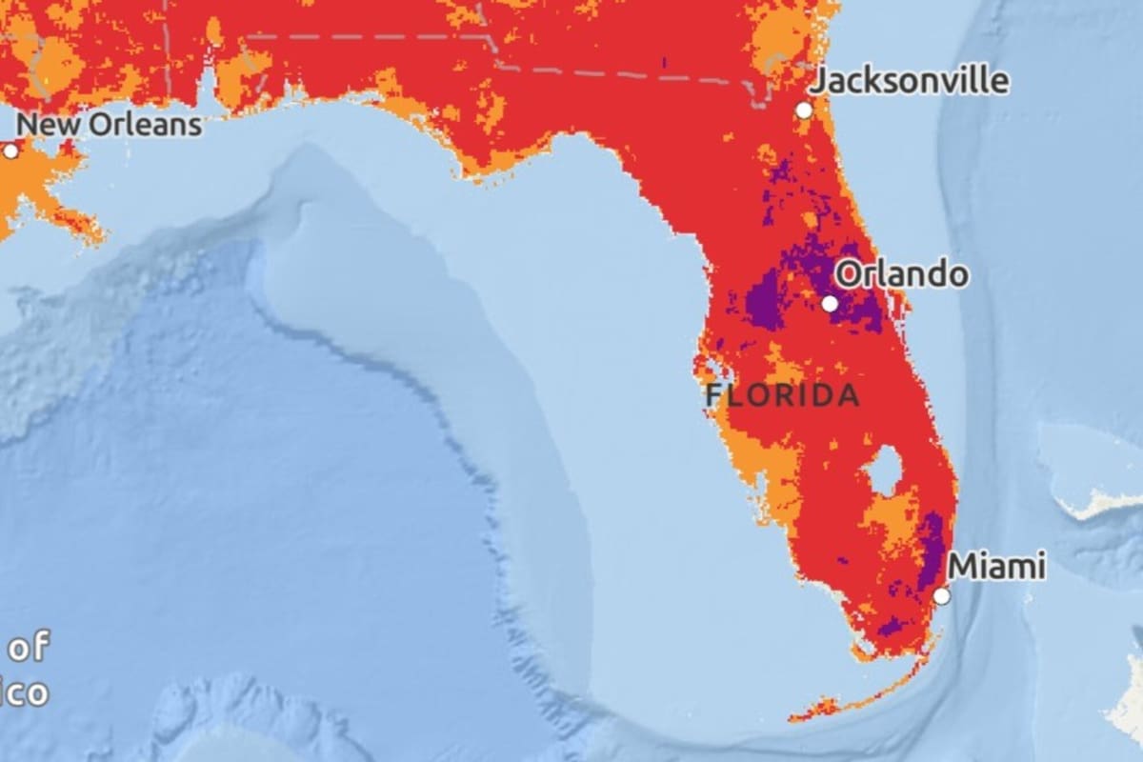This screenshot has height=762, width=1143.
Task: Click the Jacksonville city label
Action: point(909,80)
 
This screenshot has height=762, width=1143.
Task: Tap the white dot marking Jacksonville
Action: point(804,110)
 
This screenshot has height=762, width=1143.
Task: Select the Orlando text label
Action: point(901,275)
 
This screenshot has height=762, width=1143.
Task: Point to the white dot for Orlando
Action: point(830,304)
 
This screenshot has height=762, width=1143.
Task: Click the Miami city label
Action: point(997,567)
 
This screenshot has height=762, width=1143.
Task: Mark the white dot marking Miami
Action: point(941,596)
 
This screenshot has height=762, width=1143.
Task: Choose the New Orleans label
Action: point(110,125)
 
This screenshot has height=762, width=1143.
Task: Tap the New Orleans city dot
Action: point(10,151)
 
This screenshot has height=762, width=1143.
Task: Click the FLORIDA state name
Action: point(782,396)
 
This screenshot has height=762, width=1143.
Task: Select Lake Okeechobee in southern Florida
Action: point(885,471)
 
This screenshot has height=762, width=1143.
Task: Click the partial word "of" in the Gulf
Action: point(29,649)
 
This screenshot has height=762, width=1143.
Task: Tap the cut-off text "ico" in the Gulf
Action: point(23,692)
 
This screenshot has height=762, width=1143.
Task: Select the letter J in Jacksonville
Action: point(818,82)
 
